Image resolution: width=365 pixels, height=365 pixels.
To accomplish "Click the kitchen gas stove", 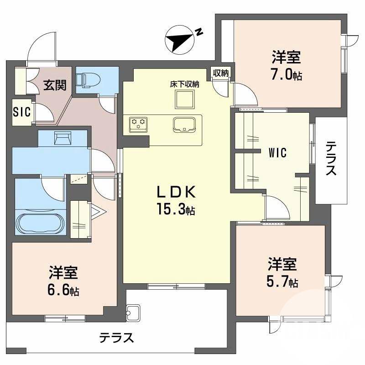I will click(x=137, y=123).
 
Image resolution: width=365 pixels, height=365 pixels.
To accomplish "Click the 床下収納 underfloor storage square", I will click(x=184, y=99).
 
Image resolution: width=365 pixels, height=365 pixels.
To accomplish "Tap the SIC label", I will click(x=21, y=111).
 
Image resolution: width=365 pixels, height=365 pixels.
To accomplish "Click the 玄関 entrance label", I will click(x=54, y=85).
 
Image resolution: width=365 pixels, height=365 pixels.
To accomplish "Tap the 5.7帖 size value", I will click(x=282, y=282).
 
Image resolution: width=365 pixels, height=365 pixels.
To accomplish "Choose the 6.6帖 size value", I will click(x=64, y=290).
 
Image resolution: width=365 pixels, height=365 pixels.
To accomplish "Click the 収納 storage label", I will click(x=221, y=73).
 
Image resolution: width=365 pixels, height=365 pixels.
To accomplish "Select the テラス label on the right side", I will click(x=331, y=159).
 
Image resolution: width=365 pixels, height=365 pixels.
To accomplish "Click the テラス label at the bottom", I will click(x=116, y=338).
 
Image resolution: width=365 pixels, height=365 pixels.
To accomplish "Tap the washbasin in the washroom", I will click(x=62, y=137).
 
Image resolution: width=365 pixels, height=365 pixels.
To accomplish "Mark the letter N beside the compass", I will click(x=199, y=31).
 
